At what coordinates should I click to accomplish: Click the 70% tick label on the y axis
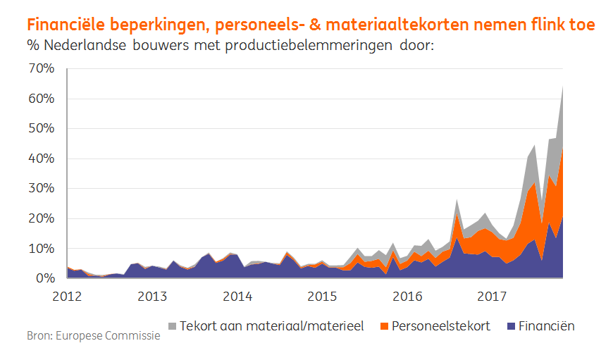40,68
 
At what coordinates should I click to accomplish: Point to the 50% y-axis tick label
40,129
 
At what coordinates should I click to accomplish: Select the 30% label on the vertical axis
40,189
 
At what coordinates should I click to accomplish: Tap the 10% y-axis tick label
40,249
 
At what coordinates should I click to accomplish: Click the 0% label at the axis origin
44,279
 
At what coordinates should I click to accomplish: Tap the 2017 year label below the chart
492,296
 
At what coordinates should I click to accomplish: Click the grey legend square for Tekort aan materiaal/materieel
171,326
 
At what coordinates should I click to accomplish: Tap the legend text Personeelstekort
441,326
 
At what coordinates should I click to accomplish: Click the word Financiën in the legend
546,326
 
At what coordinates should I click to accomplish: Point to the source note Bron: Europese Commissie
93,335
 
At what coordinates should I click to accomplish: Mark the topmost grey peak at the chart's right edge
562,87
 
